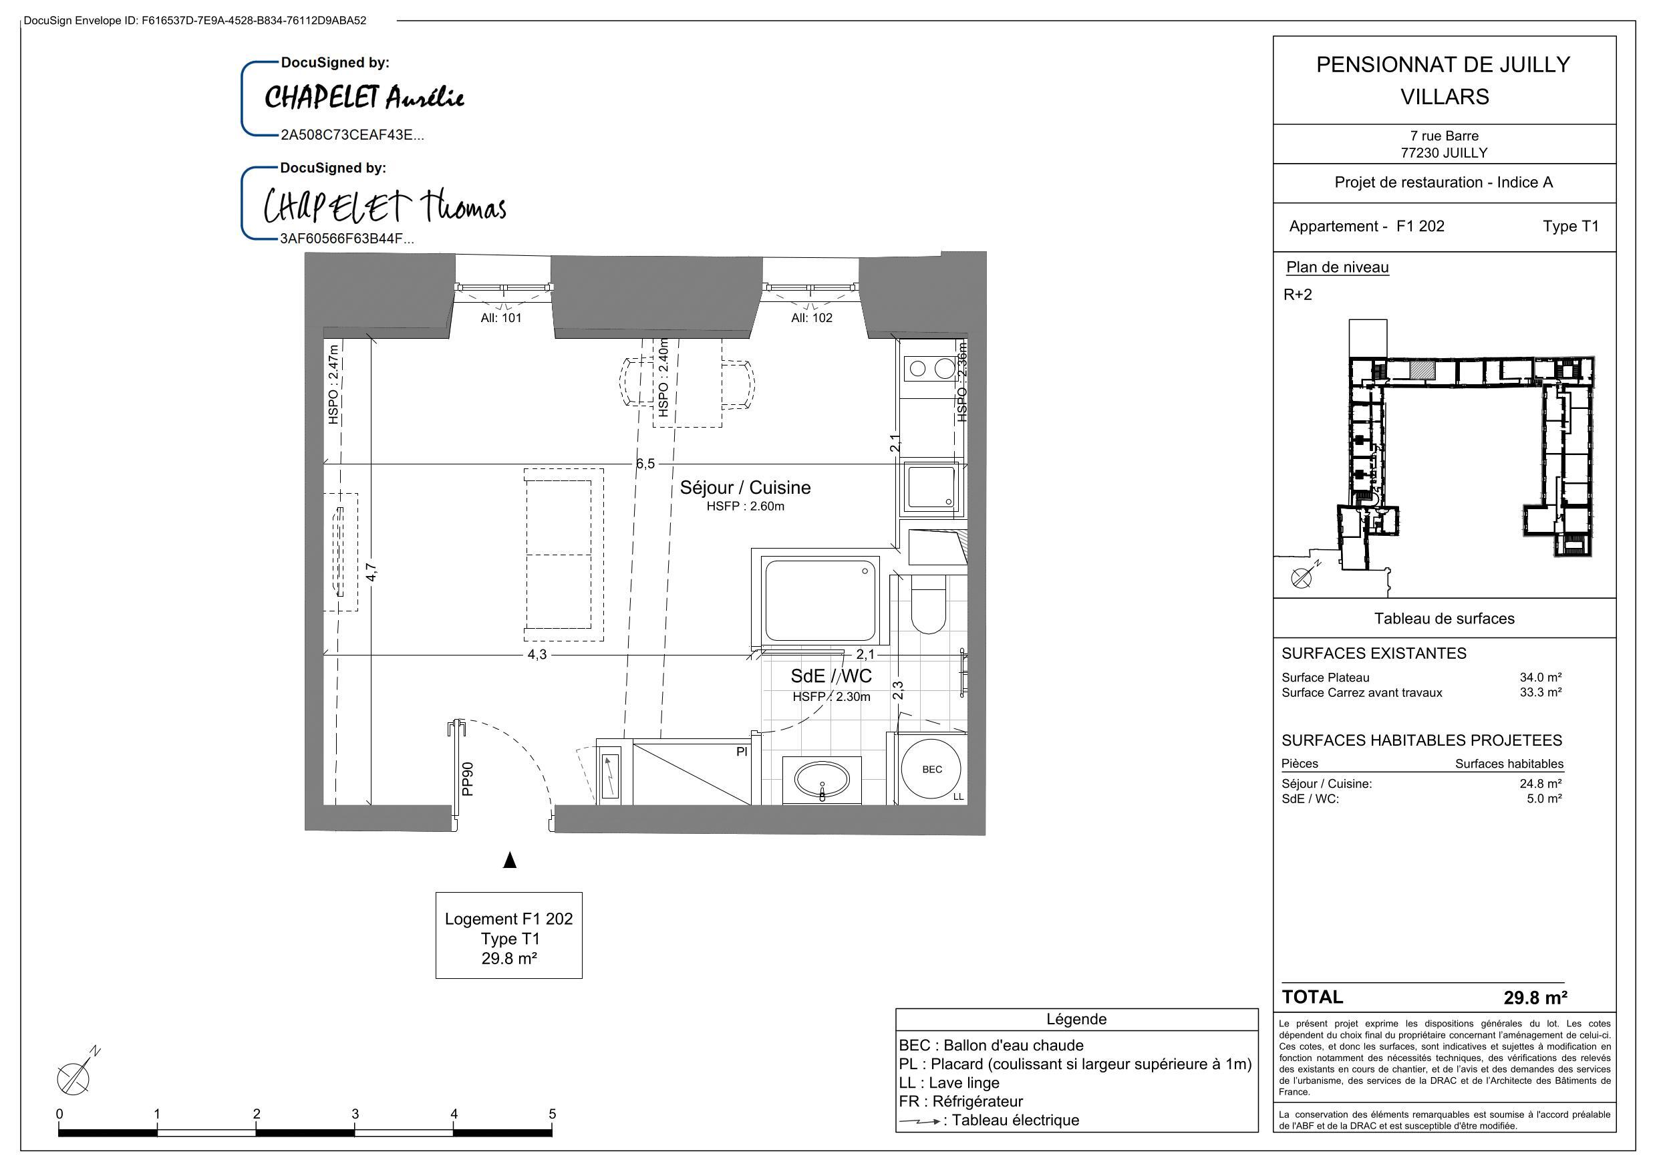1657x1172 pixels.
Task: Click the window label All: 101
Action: (501, 317)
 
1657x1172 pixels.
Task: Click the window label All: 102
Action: (811, 317)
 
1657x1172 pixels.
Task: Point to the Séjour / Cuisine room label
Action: (745, 487)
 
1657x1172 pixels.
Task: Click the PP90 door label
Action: (468, 779)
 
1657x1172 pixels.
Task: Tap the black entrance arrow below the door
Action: (510, 859)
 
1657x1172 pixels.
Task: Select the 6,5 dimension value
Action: (645, 464)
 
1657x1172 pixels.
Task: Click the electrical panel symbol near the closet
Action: (610, 776)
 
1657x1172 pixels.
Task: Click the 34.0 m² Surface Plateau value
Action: (1540, 677)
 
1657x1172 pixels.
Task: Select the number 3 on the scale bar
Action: (355, 1114)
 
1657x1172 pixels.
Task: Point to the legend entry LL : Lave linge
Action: (949, 1082)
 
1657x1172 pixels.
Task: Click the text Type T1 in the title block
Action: (1570, 226)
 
